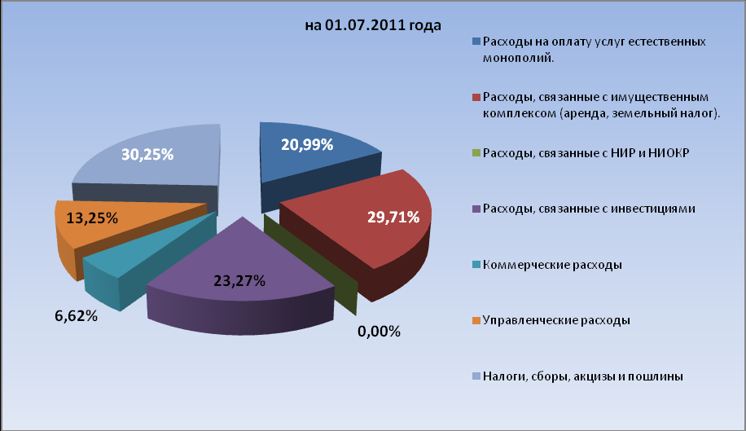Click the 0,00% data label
tap(380, 332)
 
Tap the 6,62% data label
tap(77, 316)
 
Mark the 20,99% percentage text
tap(307, 145)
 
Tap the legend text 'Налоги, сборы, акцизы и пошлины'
tap(582, 376)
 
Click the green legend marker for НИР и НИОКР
tap(476, 153)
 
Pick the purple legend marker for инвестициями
tap(476, 209)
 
